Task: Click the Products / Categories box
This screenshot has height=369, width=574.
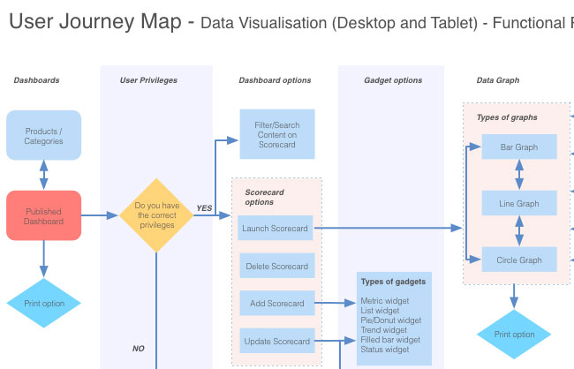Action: click(x=43, y=135)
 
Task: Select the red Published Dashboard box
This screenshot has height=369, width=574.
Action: click(x=43, y=216)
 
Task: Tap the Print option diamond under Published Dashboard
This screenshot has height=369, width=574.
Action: click(x=43, y=304)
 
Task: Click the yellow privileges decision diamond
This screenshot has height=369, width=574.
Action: click(x=156, y=215)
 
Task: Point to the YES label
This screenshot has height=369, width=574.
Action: click(x=204, y=208)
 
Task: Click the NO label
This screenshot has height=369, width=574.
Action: click(x=139, y=348)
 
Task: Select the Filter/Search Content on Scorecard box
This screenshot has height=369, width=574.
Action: click(x=276, y=135)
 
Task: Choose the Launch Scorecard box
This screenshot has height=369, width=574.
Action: click(x=276, y=228)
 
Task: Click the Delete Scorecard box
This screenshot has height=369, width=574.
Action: click(x=276, y=266)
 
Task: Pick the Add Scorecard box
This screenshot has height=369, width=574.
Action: click(x=276, y=303)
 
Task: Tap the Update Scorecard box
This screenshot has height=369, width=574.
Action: click(x=276, y=341)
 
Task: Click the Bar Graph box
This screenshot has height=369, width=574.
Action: click(x=519, y=147)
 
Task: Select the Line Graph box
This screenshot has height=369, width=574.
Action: click(x=519, y=203)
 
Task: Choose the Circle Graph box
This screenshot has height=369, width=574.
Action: click(x=519, y=260)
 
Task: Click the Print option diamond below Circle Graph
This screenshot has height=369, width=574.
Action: click(x=514, y=334)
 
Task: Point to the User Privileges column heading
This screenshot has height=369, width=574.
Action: click(x=148, y=80)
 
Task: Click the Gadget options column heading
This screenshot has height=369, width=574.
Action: click(x=393, y=80)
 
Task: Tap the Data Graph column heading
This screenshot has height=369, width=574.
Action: click(x=498, y=80)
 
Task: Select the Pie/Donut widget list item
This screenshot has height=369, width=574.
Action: click(x=390, y=320)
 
